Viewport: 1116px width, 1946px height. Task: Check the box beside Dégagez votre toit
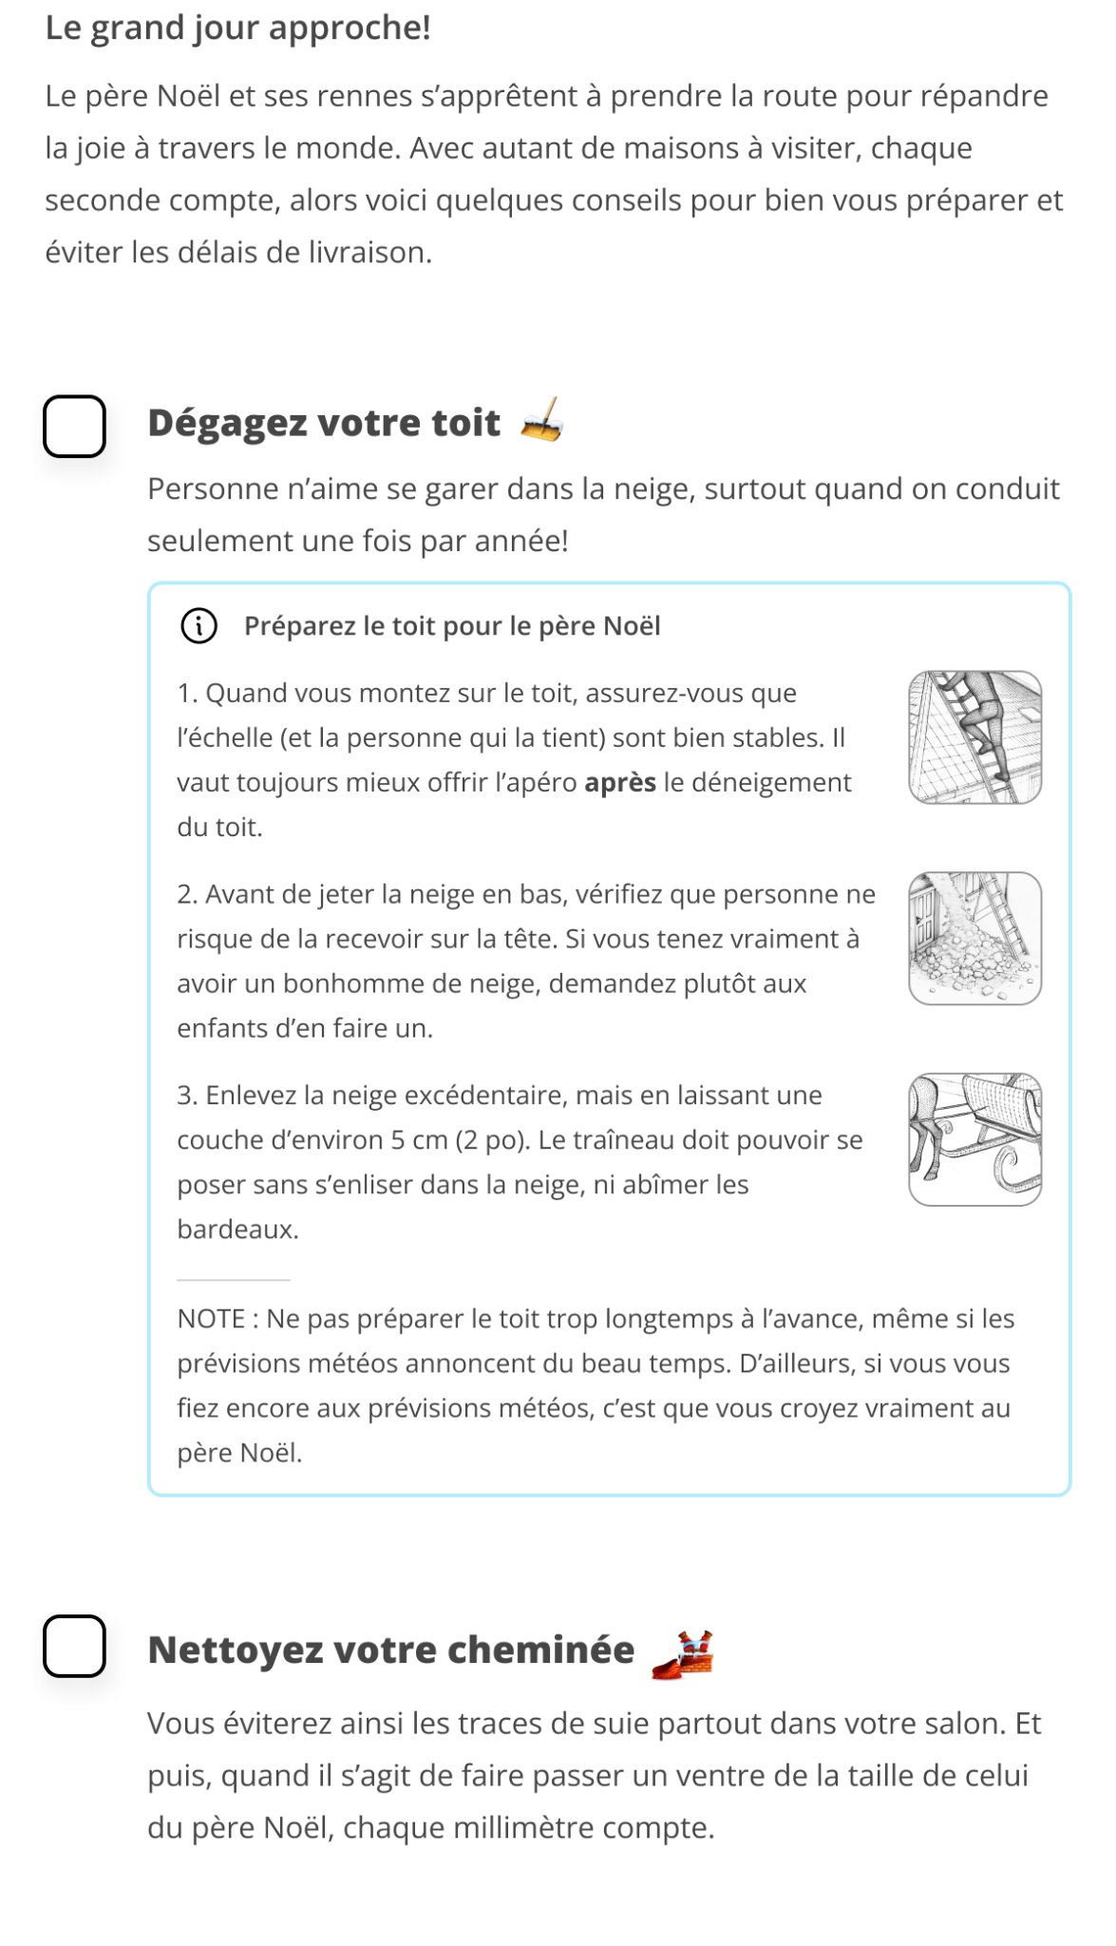74,427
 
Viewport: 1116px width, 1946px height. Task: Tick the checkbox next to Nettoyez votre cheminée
74,1646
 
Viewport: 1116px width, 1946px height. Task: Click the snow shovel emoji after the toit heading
542,420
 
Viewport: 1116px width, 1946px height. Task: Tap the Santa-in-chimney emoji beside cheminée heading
683,1654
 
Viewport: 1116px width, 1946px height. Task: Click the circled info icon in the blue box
199,626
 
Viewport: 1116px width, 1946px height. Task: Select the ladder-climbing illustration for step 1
974,737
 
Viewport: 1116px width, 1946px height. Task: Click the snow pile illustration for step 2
974,939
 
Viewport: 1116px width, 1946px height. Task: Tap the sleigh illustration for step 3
974,1139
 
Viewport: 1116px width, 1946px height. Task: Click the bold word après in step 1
620,783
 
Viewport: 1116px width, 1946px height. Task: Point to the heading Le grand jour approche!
238,29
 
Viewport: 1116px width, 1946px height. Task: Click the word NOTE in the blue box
212,1319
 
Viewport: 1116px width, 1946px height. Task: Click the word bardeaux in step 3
237,1230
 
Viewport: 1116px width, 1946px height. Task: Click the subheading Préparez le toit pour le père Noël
452,626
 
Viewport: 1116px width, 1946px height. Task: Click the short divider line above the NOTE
233,1280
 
